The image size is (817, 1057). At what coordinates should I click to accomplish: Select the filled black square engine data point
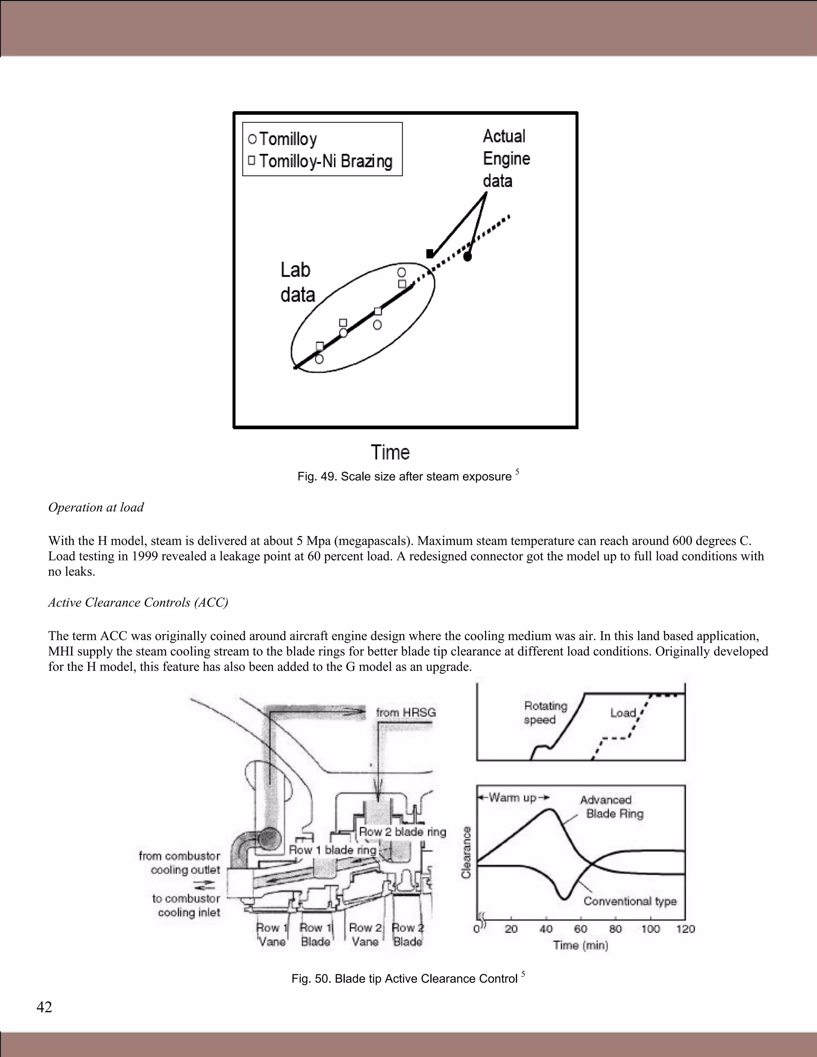(x=430, y=254)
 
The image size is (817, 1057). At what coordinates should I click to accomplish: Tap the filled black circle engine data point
(x=468, y=256)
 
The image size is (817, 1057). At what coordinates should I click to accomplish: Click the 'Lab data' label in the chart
(x=297, y=283)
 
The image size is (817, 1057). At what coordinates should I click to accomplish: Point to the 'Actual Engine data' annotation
(x=506, y=158)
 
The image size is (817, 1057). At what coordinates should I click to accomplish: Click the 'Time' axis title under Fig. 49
(x=390, y=453)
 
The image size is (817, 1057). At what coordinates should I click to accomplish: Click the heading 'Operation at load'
(x=96, y=507)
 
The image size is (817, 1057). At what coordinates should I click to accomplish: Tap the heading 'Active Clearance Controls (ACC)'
(x=138, y=603)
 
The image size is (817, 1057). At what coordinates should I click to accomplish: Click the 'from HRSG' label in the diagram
(x=406, y=712)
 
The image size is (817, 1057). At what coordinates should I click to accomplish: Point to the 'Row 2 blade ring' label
(x=402, y=832)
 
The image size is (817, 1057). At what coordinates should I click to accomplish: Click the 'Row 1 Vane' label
(x=272, y=935)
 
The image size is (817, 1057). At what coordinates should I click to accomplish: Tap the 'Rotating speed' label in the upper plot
(x=545, y=712)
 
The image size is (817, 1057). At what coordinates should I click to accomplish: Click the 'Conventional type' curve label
(x=630, y=901)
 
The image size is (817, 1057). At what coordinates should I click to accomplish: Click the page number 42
(x=44, y=1007)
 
